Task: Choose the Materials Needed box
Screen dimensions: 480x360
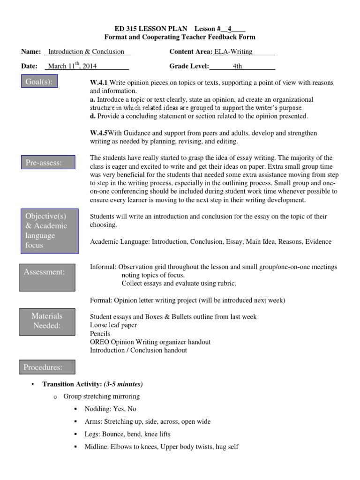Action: point(47,321)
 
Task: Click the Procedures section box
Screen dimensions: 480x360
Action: point(43,367)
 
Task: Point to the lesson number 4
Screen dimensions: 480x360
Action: point(230,29)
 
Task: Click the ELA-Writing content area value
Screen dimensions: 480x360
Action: point(233,52)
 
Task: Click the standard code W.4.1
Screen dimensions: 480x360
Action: point(99,83)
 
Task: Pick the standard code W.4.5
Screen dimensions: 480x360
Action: point(99,134)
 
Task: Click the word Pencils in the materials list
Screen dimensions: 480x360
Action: point(100,334)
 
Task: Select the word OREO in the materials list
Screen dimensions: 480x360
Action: point(99,342)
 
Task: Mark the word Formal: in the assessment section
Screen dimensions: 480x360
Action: point(100,300)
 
